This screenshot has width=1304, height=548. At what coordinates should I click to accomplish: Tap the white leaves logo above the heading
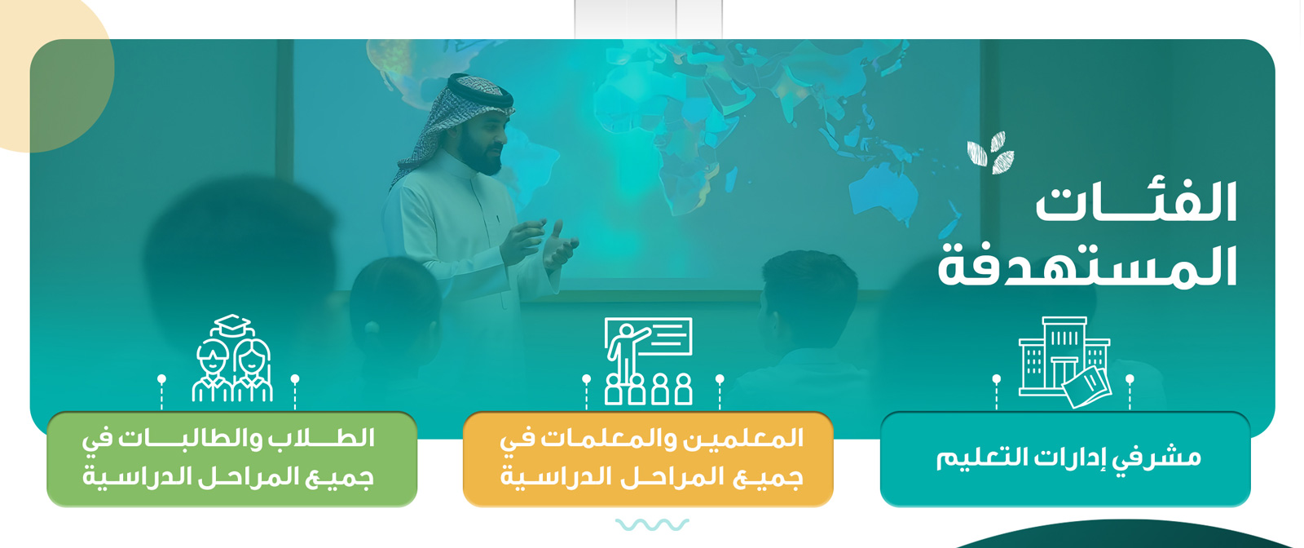tap(990, 152)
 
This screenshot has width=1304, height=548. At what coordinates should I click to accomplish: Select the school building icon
tap(1064, 361)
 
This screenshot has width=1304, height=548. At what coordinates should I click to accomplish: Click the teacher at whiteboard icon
tap(648, 360)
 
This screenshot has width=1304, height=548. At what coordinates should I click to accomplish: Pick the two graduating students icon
tap(232, 358)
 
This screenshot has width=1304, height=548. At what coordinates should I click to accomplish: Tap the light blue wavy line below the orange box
tap(652, 524)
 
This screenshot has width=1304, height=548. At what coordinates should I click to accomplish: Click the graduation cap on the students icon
tap(231, 325)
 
